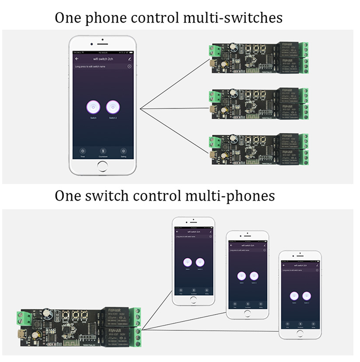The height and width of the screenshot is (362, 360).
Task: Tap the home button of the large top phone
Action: [x=103, y=166]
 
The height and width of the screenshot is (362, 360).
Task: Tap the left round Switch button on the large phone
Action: [x=93, y=107]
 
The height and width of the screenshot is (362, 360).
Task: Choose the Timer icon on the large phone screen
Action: [x=82, y=150]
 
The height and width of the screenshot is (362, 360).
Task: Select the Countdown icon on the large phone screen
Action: [x=103, y=150]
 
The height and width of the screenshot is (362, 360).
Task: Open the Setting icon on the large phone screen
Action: [x=124, y=150]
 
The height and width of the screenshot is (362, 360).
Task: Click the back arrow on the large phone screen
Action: [x=77, y=58]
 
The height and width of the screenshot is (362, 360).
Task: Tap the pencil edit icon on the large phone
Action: [x=129, y=58]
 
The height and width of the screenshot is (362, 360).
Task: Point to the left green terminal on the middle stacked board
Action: [x=215, y=96]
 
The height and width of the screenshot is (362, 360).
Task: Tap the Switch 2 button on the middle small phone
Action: [x=254, y=276]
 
